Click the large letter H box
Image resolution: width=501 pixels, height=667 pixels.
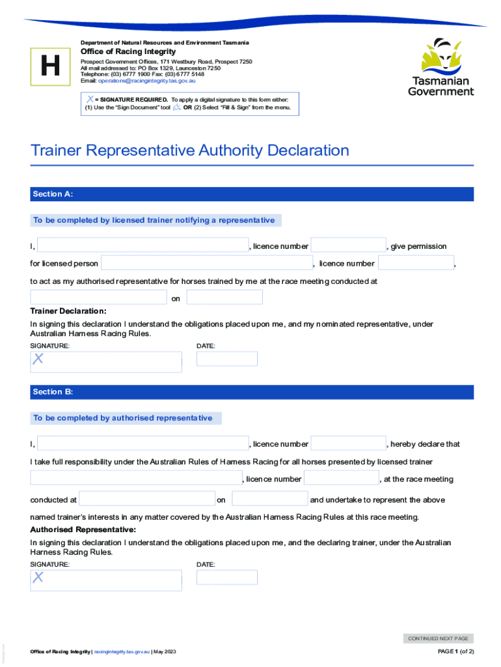point(49,66)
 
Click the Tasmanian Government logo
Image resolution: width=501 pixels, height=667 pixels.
point(440,67)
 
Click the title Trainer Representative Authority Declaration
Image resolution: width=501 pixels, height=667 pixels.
point(190,150)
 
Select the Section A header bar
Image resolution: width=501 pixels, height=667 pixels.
point(252,194)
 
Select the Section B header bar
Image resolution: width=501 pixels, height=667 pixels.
point(252,392)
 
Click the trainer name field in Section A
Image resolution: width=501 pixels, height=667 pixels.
point(142,246)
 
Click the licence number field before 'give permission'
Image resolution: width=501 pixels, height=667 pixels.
point(348,246)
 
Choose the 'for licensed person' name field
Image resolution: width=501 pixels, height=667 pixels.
point(207,263)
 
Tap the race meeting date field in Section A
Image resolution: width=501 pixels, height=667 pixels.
point(224,298)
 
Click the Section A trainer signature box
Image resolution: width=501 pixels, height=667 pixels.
point(106,362)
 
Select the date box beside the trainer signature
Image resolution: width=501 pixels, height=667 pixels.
point(227,359)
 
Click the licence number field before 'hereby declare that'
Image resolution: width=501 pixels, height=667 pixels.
point(348,444)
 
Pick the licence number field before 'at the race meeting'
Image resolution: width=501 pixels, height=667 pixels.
point(341,479)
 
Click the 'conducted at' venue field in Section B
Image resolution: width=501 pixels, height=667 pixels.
point(147,500)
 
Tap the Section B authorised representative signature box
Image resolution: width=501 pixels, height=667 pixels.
point(106,580)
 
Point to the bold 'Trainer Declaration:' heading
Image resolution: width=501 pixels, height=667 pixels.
point(68,311)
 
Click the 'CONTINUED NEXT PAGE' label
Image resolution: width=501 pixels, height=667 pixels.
point(438,639)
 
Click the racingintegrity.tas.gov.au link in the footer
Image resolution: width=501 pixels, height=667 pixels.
point(122,652)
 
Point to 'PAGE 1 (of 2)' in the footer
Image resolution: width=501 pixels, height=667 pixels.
point(456,652)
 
